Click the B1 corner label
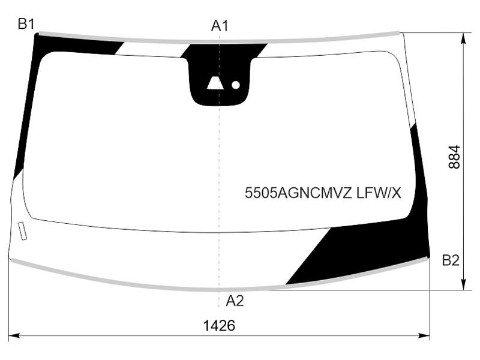click(x=26, y=24)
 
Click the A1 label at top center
click(x=220, y=26)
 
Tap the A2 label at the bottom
click(x=235, y=301)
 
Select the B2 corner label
click(x=451, y=260)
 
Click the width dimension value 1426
click(x=219, y=326)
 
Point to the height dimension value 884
click(x=454, y=157)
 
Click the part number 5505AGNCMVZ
click(x=298, y=193)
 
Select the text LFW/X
click(x=379, y=193)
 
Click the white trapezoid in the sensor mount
click(x=215, y=83)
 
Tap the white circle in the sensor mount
click(x=235, y=85)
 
